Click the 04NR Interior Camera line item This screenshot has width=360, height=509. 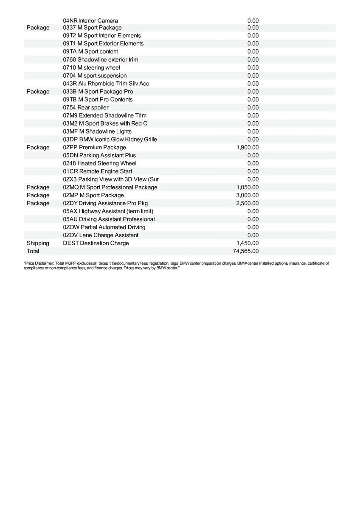(x=90, y=20)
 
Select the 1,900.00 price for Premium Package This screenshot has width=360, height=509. (x=247, y=147)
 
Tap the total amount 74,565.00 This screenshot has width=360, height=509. (x=245, y=251)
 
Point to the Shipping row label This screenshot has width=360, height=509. (x=38, y=243)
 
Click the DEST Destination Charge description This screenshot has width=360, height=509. (x=96, y=243)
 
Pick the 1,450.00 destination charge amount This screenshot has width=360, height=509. (x=247, y=243)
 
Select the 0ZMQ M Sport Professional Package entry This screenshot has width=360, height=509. (x=110, y=187)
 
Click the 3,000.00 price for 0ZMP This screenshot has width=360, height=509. (x=247, y=195)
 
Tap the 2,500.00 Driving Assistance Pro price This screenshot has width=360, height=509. (x=247, y=203)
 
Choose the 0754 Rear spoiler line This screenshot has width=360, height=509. (x=86, y=107)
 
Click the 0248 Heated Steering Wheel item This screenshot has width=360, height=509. (x=100, y=163)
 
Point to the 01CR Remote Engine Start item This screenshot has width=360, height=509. (x=98, y=171)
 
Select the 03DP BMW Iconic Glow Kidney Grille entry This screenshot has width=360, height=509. (x=110, y=139)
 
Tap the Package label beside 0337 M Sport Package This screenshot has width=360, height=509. (x=38, y=28)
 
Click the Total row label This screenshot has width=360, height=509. (x=33, y=251)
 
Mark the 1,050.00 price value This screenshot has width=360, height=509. (x=247, y=187)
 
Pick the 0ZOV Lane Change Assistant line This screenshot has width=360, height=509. (x=101, y=235)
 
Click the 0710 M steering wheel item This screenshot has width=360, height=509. (x=92, y=67)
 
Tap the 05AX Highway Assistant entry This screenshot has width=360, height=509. (x=108, y=211)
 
